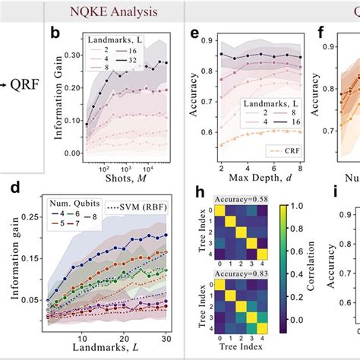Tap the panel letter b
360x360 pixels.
coord(54,34)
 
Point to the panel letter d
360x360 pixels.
coord(11,184)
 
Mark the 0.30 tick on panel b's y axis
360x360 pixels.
coord(77,54)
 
